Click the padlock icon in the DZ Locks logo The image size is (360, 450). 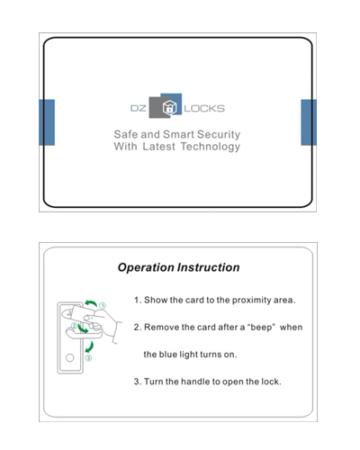pos(170,108)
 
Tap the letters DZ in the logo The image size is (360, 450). pos(139,108)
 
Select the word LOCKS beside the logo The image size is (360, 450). pos(204,108)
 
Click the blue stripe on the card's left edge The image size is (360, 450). pos(47,122)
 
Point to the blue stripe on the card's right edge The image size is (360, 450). pos(309,122)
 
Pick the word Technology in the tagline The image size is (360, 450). pos(211,147)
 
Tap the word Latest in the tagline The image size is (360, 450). pos(158,147)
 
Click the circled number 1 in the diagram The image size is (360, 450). pos(103,306)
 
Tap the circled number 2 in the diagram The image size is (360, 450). pos(74,326)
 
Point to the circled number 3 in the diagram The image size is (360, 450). pos(88,358)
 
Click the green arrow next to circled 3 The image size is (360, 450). pos(91,347)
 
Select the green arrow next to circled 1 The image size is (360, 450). pos(91,302)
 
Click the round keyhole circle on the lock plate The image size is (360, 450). pos(70,357)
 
